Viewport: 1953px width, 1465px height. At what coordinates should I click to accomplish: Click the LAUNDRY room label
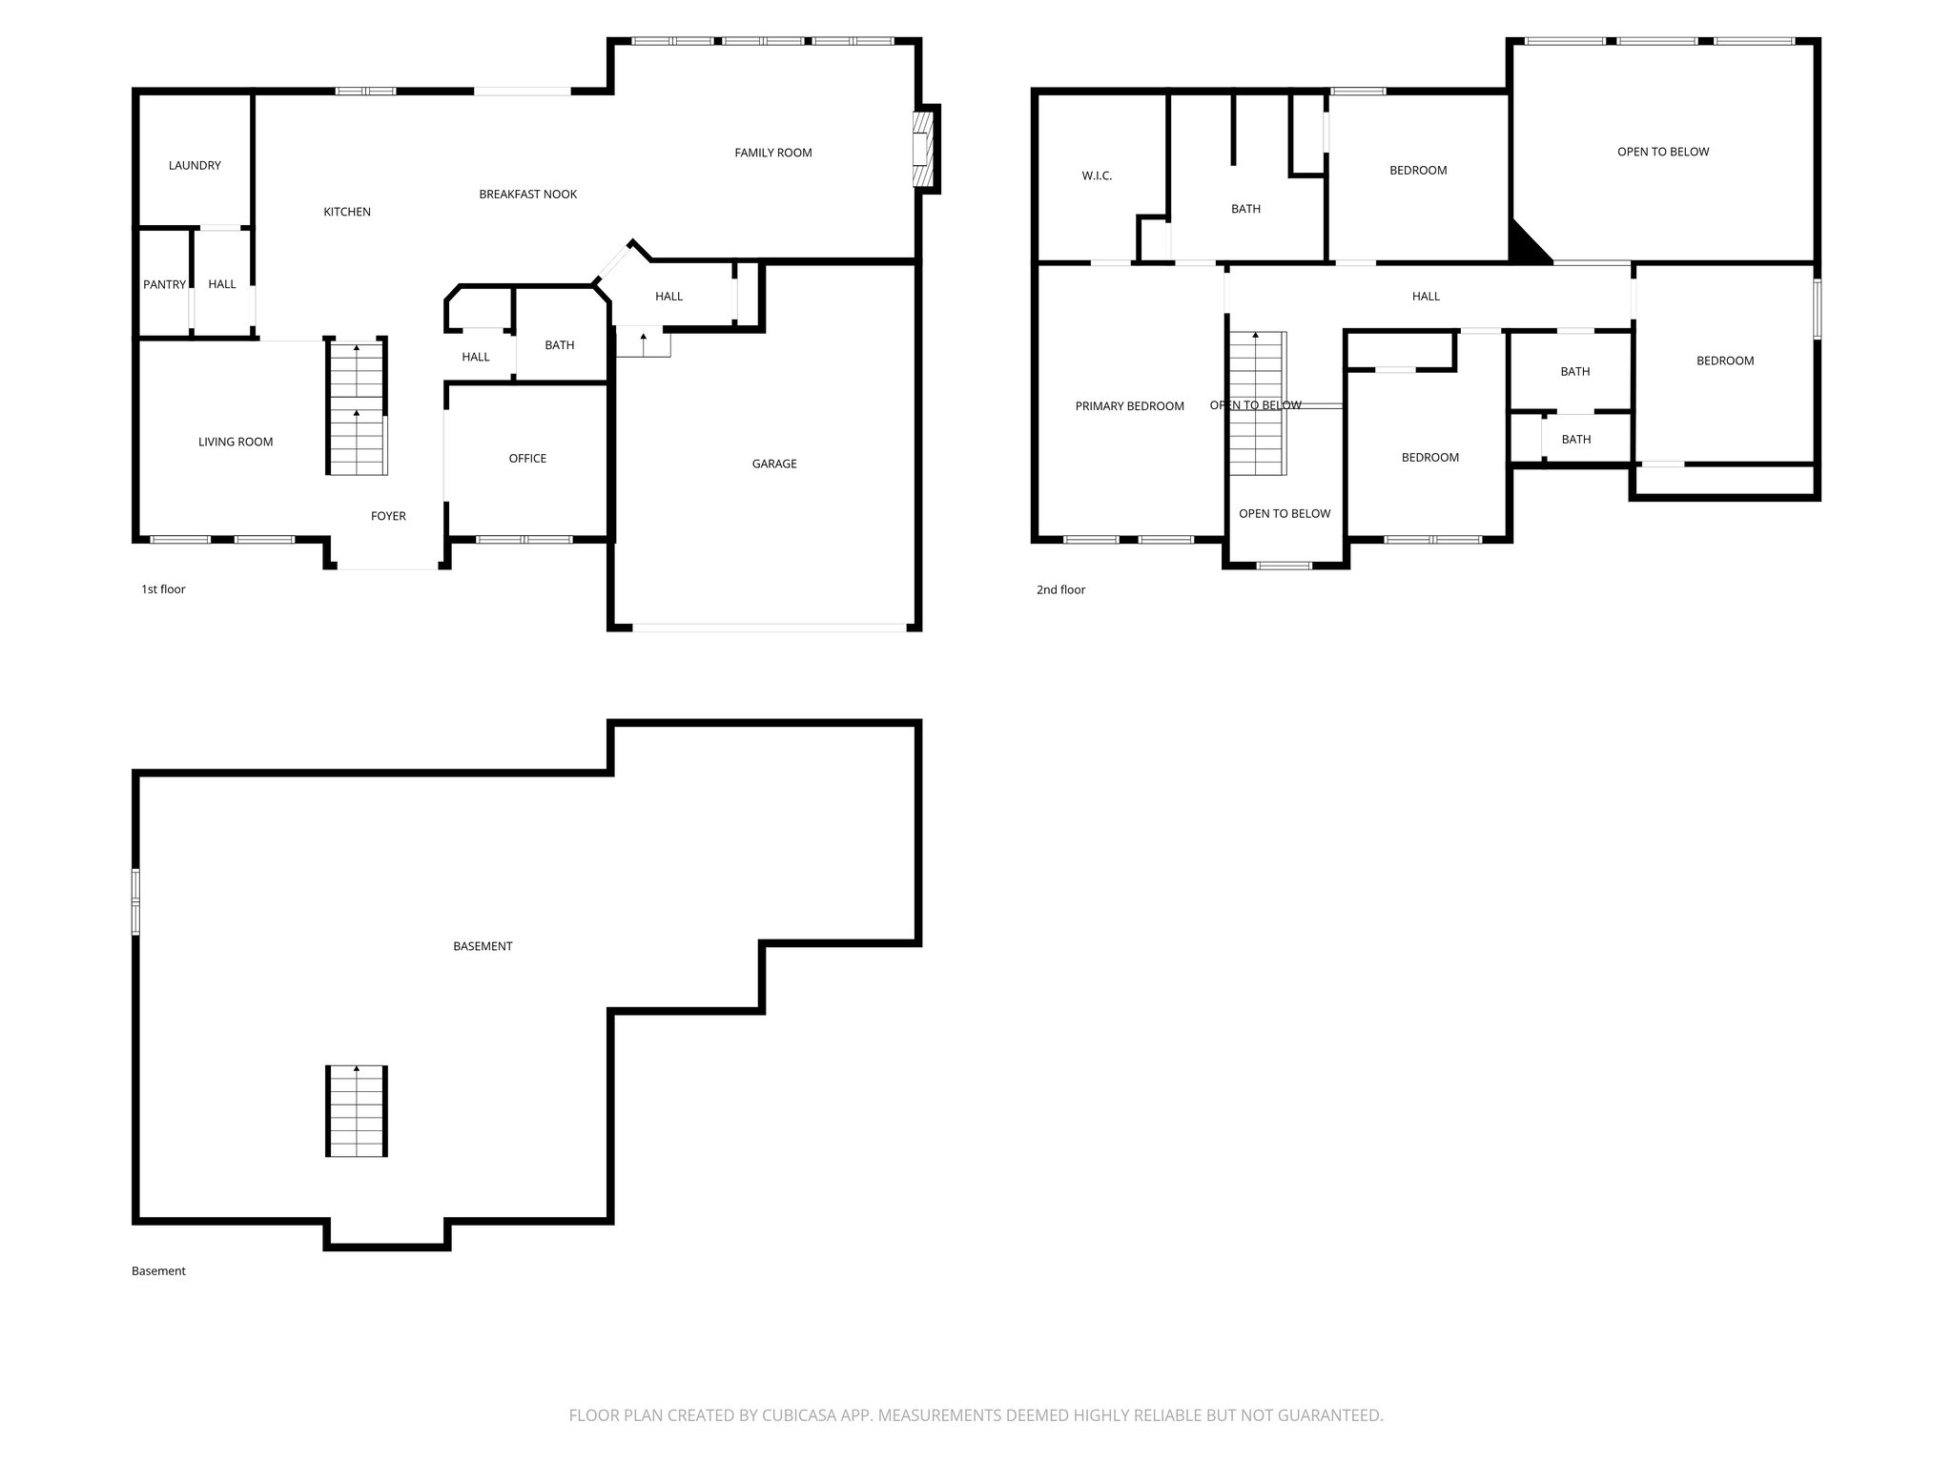click(195, 165)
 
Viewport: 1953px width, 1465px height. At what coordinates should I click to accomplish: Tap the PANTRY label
click(164, 284)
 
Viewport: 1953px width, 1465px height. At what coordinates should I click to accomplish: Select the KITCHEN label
click(347, 212)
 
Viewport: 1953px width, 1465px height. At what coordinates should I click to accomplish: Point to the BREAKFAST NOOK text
click(527, 194)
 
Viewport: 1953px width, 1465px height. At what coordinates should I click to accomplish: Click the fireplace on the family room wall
click(923, 149)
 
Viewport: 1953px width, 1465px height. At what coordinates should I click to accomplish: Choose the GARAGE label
click(773, 464)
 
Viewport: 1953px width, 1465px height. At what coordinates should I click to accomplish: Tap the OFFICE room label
click(527, 458)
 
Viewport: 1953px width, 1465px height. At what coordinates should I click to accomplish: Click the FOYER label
click(388, 516)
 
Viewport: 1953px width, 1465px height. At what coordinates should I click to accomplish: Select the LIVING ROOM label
click(236, 442)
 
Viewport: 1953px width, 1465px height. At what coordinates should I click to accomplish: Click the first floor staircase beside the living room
click(358, 410)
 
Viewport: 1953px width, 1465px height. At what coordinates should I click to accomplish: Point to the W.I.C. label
click(1097, 175)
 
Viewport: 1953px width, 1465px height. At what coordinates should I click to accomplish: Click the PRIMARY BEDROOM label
click(1129, 406)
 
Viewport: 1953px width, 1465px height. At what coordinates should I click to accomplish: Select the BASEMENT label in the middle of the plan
click(483, 946)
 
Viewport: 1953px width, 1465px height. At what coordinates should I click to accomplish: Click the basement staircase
click(357, 1111)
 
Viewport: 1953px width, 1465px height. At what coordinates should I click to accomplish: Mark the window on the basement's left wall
click(136, 901)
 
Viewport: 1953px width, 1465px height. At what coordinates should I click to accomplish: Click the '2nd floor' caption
click(1060, 589)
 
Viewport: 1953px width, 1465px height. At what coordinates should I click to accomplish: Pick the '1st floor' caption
click(163, 588)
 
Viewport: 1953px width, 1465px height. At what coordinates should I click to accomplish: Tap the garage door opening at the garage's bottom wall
click(769, 628)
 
